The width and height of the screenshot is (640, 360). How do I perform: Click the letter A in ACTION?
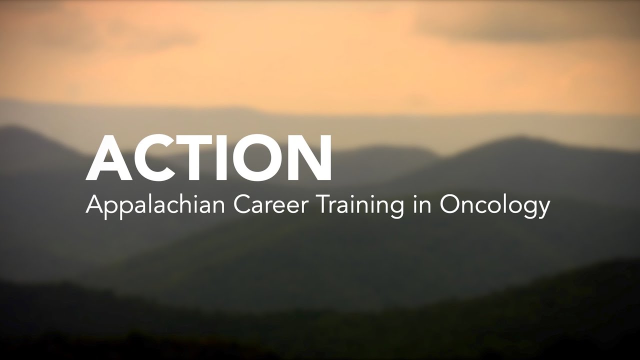pyautogui.click(x=109, y=157)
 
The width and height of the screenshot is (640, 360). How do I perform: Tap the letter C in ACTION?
pyautogui.click(x=153, y=157)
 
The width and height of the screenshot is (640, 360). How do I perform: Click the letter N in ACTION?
pyautogui.click(x=309, y=157)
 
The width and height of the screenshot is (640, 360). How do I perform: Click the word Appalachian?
pyautogui.click(x=155, y=206)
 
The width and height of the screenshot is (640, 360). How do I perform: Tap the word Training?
pyautogui.click(x=360, y=206)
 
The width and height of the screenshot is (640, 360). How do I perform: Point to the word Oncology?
pyautogui.click(x=494, y=206)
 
